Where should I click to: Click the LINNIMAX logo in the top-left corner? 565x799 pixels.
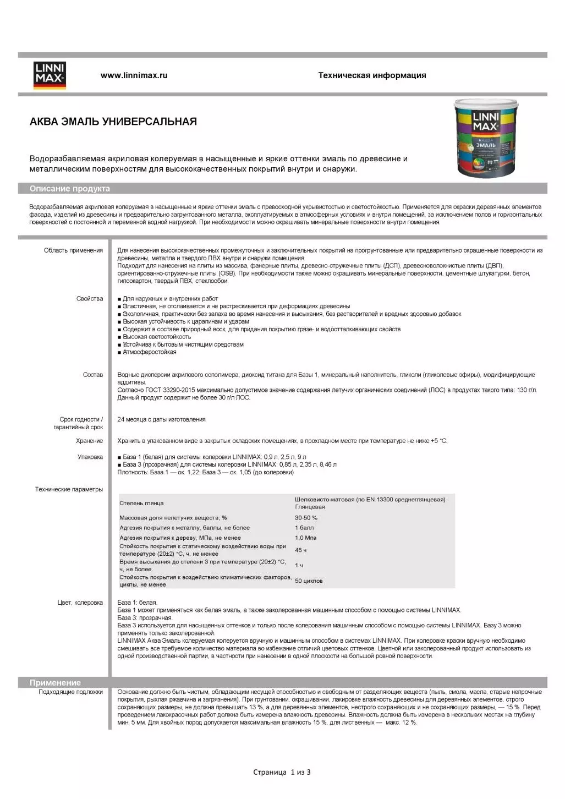coord(50,75)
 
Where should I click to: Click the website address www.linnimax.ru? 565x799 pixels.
coord(134,75)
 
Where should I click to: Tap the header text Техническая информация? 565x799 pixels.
coord(372,75)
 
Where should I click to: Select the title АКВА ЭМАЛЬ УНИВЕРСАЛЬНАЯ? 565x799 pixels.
coord(113,122)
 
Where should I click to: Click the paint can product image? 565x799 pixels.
coord(485,138)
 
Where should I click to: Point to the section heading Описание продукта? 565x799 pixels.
coord(70,189)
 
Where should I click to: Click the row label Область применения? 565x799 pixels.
coord(73,250)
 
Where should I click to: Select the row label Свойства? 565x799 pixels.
coord(90,299)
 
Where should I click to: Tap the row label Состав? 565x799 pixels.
coord(93,375)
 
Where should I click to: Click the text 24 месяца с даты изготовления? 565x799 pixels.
coord(161,419)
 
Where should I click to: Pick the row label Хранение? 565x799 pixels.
coord(89,441)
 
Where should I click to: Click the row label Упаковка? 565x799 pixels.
coord(90,457)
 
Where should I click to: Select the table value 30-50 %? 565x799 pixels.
coord(306,518)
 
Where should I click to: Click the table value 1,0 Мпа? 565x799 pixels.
coord(305,538)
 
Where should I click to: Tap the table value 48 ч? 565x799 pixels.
coord(300,550)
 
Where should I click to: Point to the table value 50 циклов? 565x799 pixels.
coord(309,581)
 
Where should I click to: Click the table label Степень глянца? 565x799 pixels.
coord(141,503)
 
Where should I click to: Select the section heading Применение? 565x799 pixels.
coord(55,682)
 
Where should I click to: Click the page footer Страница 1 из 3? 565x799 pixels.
coord(282,772)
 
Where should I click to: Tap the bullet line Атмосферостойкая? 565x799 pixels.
coord(149,352)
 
